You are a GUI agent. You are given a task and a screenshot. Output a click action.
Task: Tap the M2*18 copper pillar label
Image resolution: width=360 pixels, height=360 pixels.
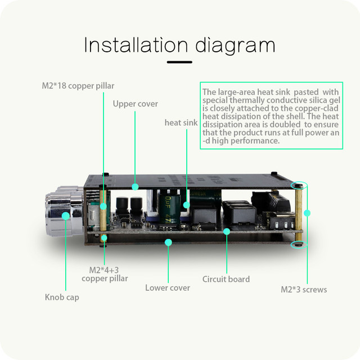pyautogui.click(x=78, y=86)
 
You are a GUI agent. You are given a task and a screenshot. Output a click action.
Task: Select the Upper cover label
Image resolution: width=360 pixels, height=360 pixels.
pyautogui.click(x=135, y=104)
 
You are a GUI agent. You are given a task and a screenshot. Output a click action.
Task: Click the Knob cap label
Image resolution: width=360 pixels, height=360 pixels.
pyautogui.click(x=62, y=297)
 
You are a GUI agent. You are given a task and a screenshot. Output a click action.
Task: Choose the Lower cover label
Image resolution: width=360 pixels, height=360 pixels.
pyautogui.click(x=168, y=287)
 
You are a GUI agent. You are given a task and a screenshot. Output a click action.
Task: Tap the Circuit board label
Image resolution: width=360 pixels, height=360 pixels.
pyautogui.click(x=226, y=279)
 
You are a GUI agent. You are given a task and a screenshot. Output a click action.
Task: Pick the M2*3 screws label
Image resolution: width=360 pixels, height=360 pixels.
pyautogui.click(x=304, y=290)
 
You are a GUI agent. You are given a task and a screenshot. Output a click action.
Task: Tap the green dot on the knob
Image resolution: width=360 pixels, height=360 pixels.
pyautogui.click(x=66, y=215)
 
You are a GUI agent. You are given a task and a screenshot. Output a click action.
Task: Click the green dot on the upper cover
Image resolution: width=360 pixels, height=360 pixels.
pyautogui.click(x=135, y=186)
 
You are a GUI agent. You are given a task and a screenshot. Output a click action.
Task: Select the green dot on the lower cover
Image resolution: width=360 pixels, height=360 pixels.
pyautogui.click(x=168, y=242)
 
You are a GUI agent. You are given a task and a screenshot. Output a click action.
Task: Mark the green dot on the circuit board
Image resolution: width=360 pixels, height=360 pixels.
pyautogui.click(x=227, y=231)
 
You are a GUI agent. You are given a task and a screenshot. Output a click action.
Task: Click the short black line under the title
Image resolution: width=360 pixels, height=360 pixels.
pyautogui.click(x=179, y=62)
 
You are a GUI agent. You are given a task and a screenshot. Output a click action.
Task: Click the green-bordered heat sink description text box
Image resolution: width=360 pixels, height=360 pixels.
pyautogui.click(x=272, y=116)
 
